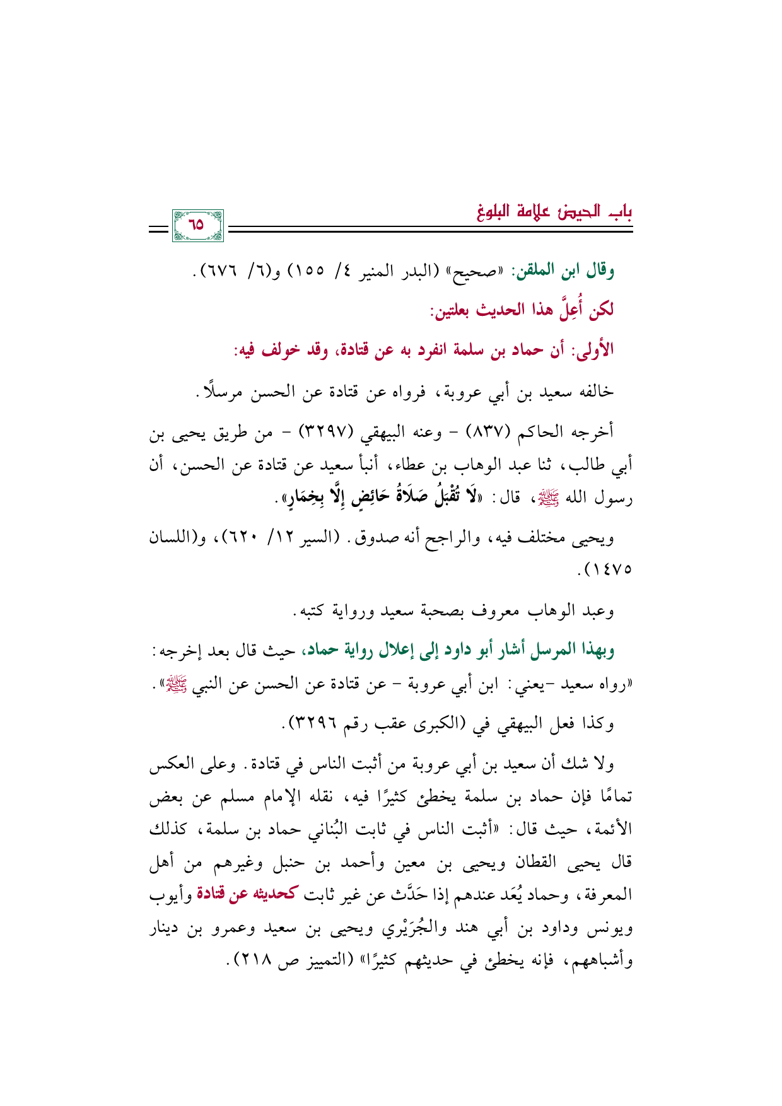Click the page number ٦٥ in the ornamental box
click(x=197, y=224)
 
